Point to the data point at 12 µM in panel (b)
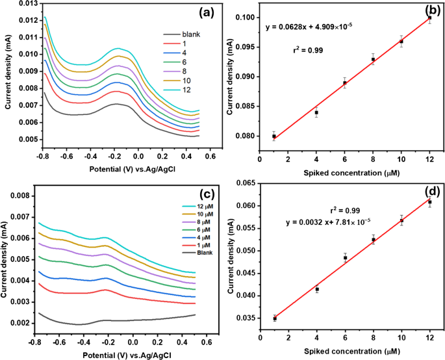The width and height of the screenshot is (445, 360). point(429,18)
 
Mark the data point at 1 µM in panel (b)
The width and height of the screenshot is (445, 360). point(274,136)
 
